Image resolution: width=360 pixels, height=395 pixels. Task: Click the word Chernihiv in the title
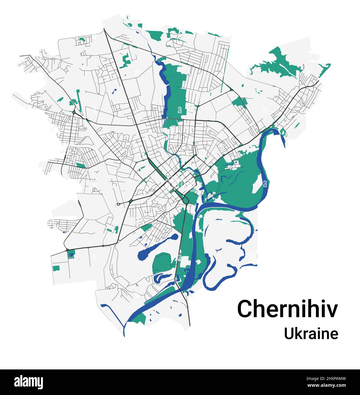(x=288, y=309)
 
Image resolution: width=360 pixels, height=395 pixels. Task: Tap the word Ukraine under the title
(x=311, y=334)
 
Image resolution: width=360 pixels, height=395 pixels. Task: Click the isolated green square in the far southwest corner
(x=56, y=268)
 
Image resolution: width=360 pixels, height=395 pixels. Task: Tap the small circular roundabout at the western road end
(x=118, y=204)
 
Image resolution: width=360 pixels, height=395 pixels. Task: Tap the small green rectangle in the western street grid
(x=81, y=165)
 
